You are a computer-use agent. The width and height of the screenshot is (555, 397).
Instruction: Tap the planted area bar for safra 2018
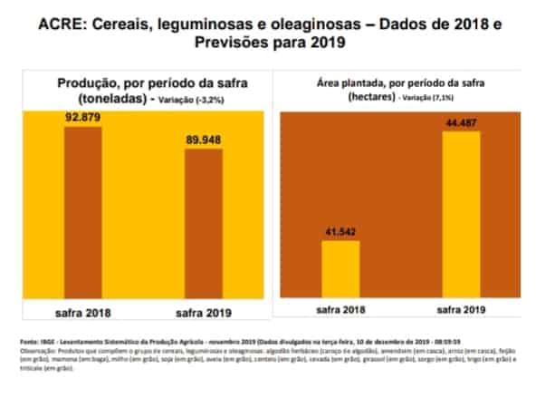(335, 268)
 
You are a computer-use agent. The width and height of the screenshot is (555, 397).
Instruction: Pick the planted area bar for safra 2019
(461, 213)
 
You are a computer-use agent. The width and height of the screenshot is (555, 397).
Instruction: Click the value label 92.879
(82, 117)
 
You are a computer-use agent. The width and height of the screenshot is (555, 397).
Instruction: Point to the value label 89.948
(204, 140)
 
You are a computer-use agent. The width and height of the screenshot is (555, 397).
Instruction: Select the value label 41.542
(335, 232)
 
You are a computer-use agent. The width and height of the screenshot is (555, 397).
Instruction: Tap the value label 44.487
(462, 123)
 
